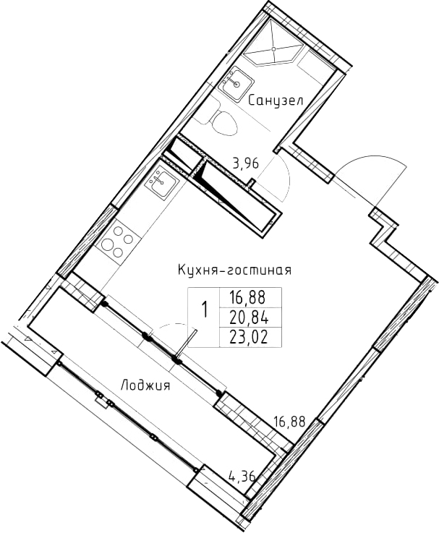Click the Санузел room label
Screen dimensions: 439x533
coord(275,101)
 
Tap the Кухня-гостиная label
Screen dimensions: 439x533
coord(234,270)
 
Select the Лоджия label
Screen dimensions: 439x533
coord(145,385)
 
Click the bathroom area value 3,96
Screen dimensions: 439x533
coord(245,163)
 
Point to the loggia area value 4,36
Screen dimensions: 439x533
coord(242,477)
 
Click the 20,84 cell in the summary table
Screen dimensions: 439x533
coord(250,318)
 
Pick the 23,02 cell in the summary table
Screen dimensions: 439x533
coord(250,338)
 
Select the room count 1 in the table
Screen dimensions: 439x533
coord(205,310)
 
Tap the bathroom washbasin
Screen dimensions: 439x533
coord(236,82)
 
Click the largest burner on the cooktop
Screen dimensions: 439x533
coord(108,244)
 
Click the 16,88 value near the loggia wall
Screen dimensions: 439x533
coord(290,422)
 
